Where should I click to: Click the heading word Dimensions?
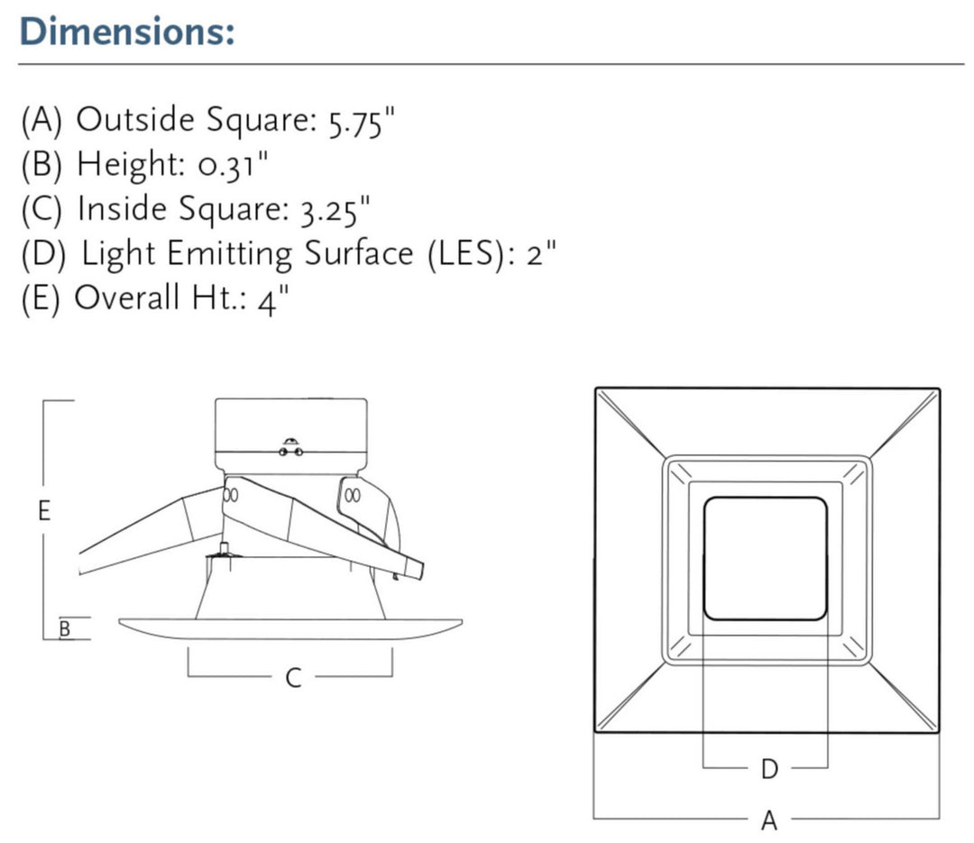click(x=126, y=32)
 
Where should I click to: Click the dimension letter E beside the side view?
click(x=43, y=511)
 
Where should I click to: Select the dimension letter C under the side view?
click(x=292, y=678)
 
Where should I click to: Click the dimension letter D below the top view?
click(x=768, y=769)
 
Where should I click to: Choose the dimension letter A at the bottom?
click(x=768, y=820)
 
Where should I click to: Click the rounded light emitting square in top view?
click(x=765, y=558)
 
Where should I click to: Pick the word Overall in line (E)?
click(x=126, y=298)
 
